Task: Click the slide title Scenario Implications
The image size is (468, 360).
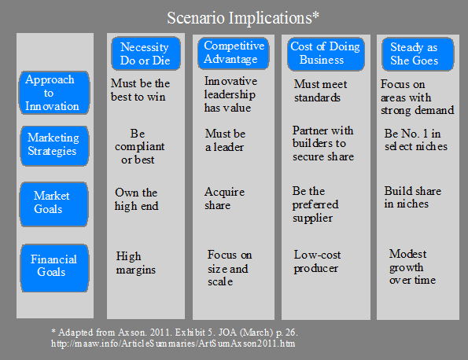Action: [x=243, y=18]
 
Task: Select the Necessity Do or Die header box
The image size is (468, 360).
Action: [x=146, y=53]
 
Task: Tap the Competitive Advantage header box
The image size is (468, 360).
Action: [x=234, y=53]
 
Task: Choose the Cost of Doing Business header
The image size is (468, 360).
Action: [x=326, y=53]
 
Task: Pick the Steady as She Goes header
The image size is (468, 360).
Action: [x=418, y=54]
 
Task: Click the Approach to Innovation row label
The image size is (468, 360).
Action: [x=54, y=93]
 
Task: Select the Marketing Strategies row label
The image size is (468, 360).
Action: [x=54, y=145]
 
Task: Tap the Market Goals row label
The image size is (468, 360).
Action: [x=54, y=204]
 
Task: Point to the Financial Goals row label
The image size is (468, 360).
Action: [x=54, y=267]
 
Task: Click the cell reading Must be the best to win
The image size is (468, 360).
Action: [x=140, y=90]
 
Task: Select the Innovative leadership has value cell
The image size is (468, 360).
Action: [x=230, y=94]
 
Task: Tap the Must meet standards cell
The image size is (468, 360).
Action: [x=321, y=90]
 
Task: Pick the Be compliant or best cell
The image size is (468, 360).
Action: [x=139, y=146]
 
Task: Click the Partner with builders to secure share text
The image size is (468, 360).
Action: [x=323, y=144]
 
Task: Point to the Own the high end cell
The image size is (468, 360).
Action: [x=136, y=199]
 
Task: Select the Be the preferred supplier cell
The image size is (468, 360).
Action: [x=315, y=204]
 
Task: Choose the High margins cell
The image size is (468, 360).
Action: [x=136, y=263]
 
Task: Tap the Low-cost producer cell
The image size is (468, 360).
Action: [x=317, y=262]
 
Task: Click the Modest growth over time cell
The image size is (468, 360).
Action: [x=412, y=267]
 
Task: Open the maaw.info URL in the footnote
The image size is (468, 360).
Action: [x=173, y=343]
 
